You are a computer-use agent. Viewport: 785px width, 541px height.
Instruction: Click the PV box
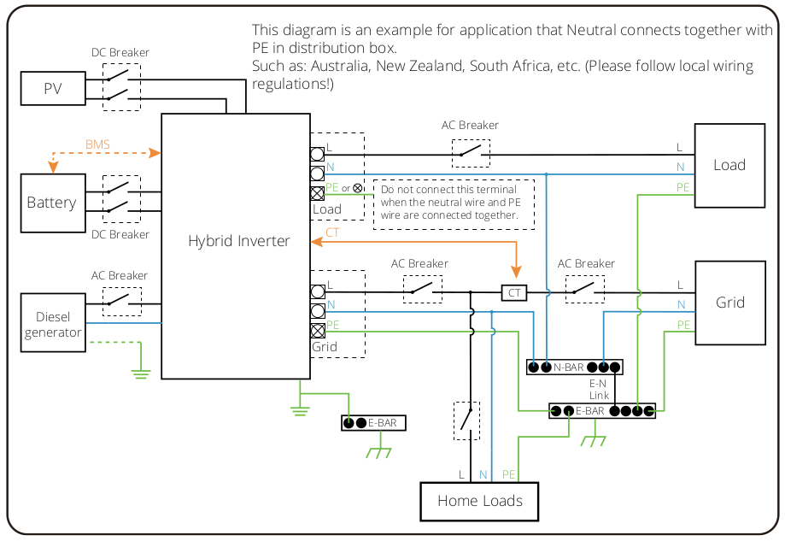tap(53, 89)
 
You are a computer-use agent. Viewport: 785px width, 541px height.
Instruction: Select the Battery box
tap(52, 203)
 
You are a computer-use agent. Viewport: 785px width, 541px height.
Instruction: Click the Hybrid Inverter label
tap(239, 241)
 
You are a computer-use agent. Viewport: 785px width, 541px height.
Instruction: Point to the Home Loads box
tap(479, 501)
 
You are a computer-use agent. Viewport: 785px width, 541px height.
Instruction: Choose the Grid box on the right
tap(729, 303)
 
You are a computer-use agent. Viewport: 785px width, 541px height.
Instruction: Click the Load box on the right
tap(729, 165)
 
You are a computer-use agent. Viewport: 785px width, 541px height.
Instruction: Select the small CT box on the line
tap(514, 293)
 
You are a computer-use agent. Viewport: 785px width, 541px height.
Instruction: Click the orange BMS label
tap(97, 144)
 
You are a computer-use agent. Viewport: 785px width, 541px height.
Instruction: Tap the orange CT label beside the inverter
tap(332, 232)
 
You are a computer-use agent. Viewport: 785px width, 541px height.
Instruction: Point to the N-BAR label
tap(569, 368)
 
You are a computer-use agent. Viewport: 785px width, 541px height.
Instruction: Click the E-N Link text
tap(599, 390)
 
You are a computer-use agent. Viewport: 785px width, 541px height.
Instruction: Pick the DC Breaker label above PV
tap(120, 52)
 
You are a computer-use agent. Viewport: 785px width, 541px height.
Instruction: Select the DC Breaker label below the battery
tap(120, 234)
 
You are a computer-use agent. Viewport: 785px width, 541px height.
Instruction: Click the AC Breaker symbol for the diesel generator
tap(122, 298)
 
